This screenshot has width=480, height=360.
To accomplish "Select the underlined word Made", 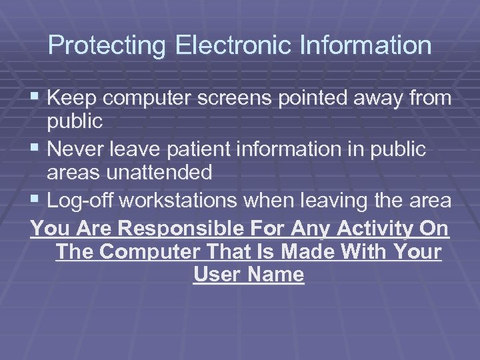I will [x=313, y=252].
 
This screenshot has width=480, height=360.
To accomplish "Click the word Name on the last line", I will [x=274, y=274].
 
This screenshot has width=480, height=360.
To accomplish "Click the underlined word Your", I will [x=417, y=252].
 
